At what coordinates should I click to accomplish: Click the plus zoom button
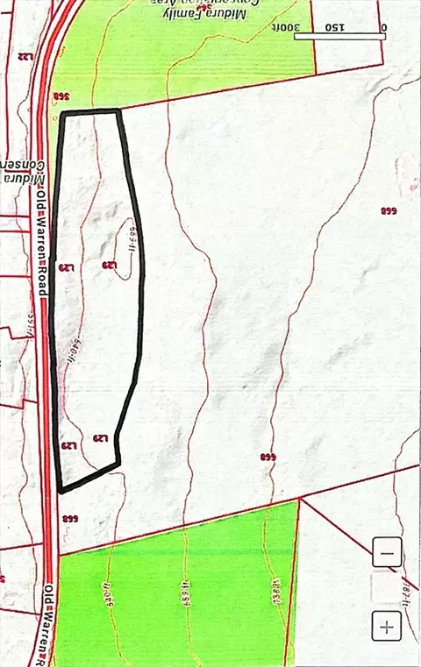pyautogui.click(x=387, y=626)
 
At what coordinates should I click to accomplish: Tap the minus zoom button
pyautogui.click(x=387, y=554)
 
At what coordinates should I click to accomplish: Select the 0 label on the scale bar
pyautogui.click(x=383, y=27)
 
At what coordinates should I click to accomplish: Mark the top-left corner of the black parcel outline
pyautogui.click(x=61, y=113)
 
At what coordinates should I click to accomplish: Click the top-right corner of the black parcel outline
pyautogui.click(x=118, y=111)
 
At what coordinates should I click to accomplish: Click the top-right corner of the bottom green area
pyautogui.click(x=299, y=500)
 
